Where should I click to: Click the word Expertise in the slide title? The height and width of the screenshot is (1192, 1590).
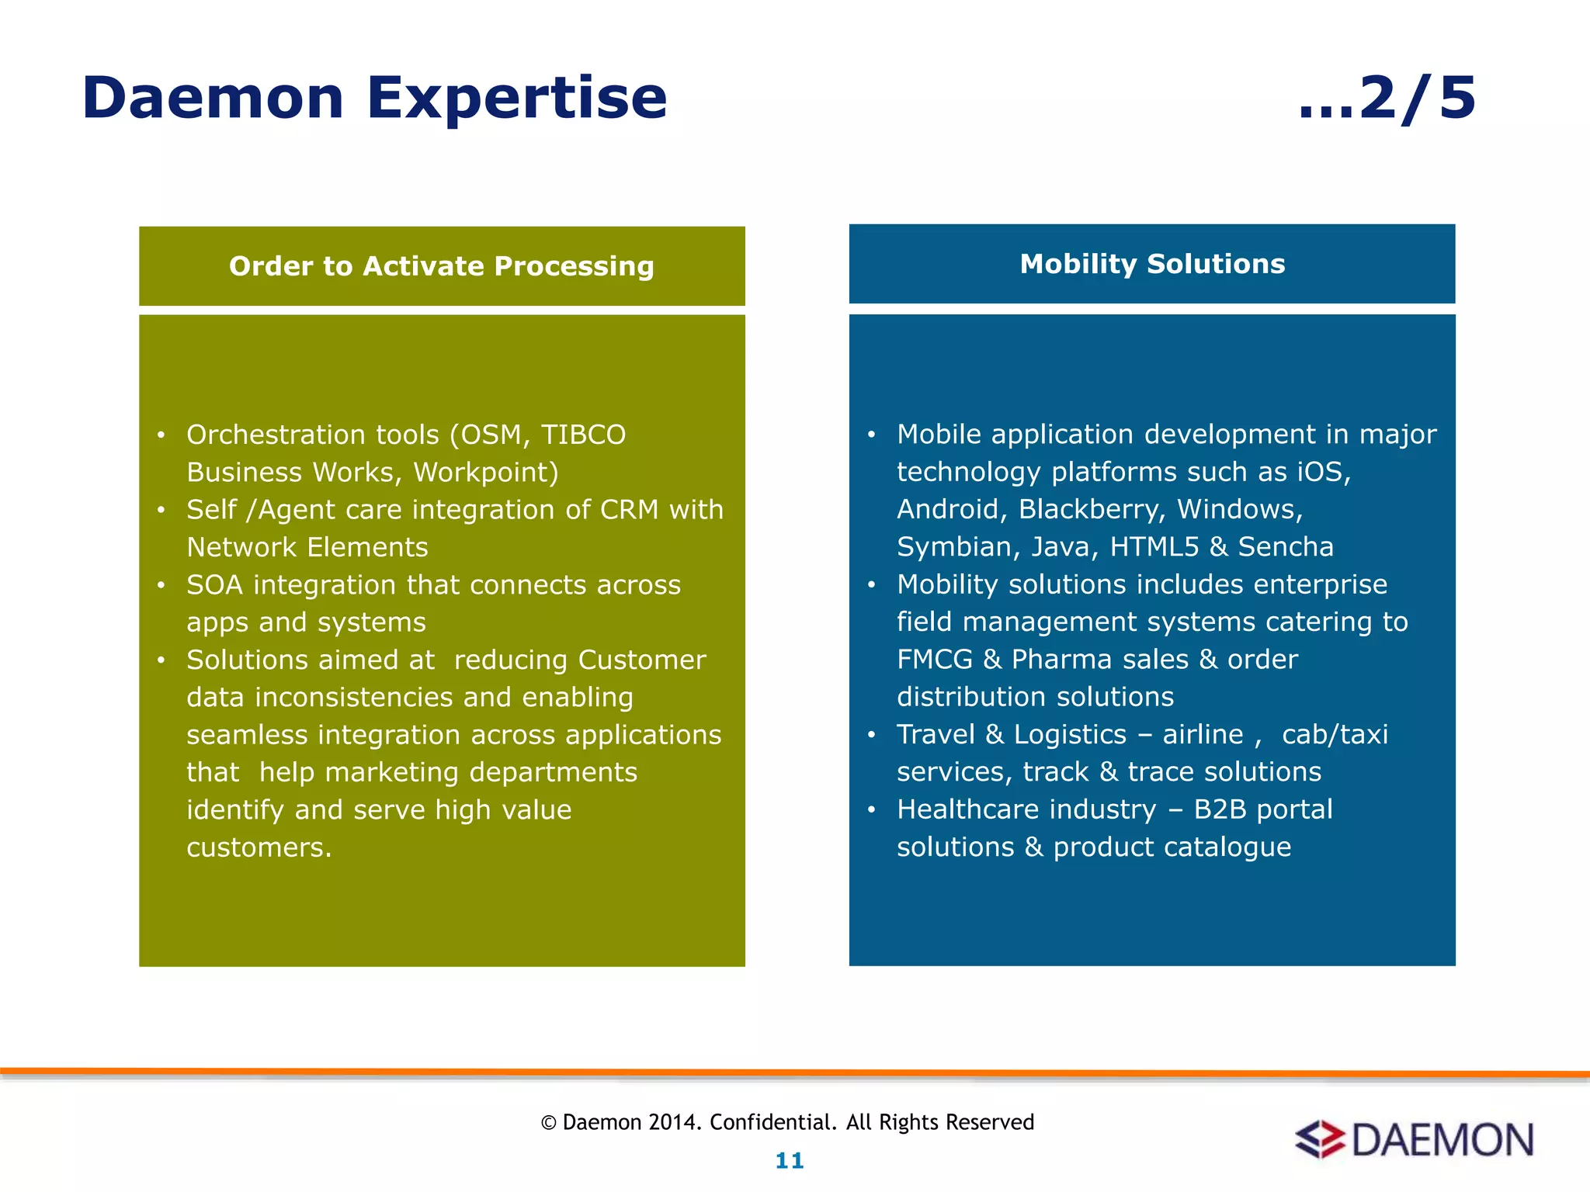pyautogui.click(x=516, y=99)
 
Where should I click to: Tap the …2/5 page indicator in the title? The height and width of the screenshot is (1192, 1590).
pyautogui.click(x=1387, y=99)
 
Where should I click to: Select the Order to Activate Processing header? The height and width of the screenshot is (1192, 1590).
pyautogui.click(x=441, y=266)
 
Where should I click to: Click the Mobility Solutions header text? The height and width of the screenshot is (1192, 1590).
pyautogui.click(x=1152, y=264)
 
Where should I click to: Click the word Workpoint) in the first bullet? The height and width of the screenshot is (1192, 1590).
pyautogui.click(x=485, y=473)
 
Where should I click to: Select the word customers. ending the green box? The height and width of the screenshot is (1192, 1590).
pyautogui.click(x=259, y=847)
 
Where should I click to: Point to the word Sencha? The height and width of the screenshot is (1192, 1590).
pyautogui.click(x=1285, y=547)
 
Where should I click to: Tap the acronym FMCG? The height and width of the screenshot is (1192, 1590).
pyautogui.click(x=934, y=660)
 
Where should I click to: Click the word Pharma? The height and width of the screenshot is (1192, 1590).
pyautogui.click(x=1060, y=660)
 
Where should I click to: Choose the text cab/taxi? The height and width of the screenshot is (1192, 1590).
pyautogui.click(x=1334, y=734)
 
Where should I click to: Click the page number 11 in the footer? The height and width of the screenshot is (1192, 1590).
pyautogui.click(x=790, y=1161)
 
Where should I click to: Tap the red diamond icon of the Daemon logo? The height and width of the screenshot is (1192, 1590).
pyautogui.click(x=1319, y=1140)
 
